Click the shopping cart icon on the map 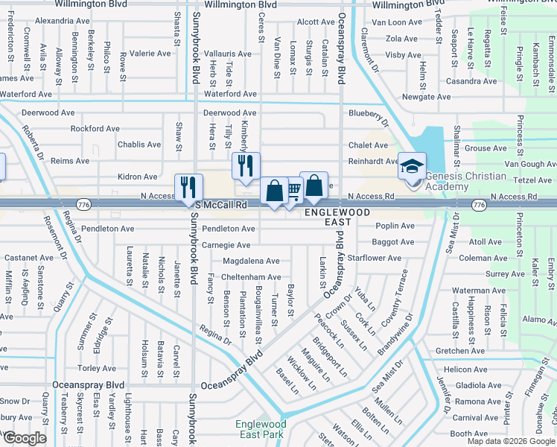294,191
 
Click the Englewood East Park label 261,429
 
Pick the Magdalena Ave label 251,261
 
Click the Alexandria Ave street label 60,21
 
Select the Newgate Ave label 427,97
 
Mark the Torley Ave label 97,368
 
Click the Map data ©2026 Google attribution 511,441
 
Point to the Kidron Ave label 138,177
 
